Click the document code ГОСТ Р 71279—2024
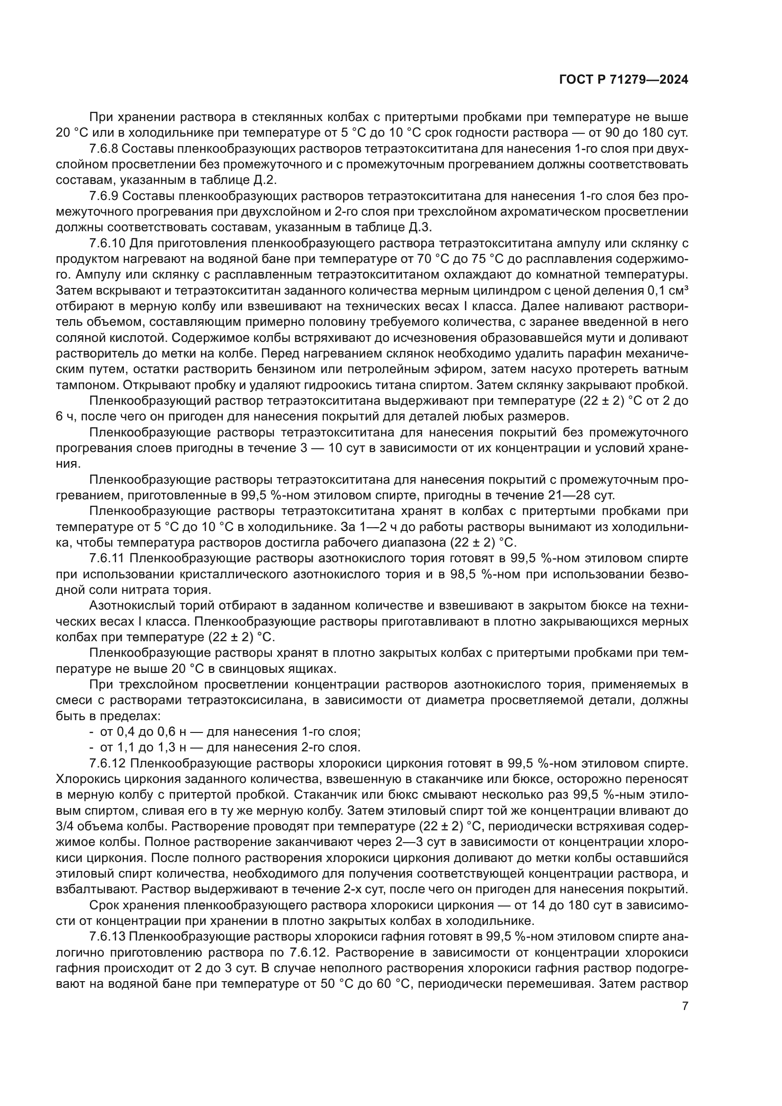coord(623,80)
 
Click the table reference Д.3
coord(421,227)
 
